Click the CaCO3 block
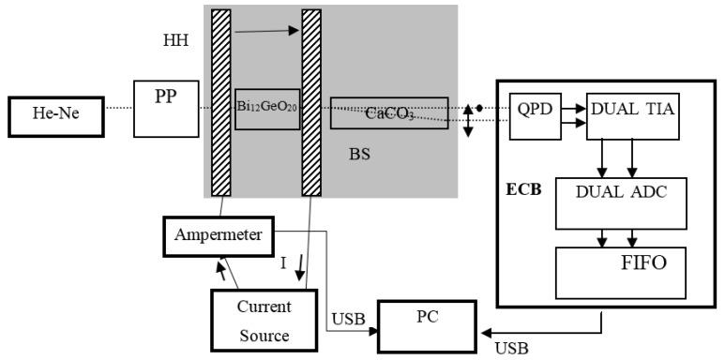[388, 113]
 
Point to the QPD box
[533, 115]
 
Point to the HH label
[175, 41]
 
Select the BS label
[358, 155]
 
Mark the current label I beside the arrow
[282, 263]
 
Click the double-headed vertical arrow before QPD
[468, 121]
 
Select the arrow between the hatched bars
[269, 33]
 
